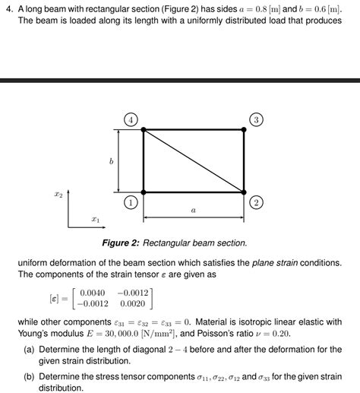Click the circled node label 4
tap(131, 119)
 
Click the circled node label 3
tap(256, 119)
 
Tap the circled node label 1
tap(131, 203)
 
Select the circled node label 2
tap(256, 203)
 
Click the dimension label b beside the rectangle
tap(111, 161)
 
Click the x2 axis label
tap(58, 195)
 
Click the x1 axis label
tap(95, 219)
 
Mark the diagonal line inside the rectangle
tap(194, 161)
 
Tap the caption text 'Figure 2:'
tap(122, 242)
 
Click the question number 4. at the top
tap(9, 9)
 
